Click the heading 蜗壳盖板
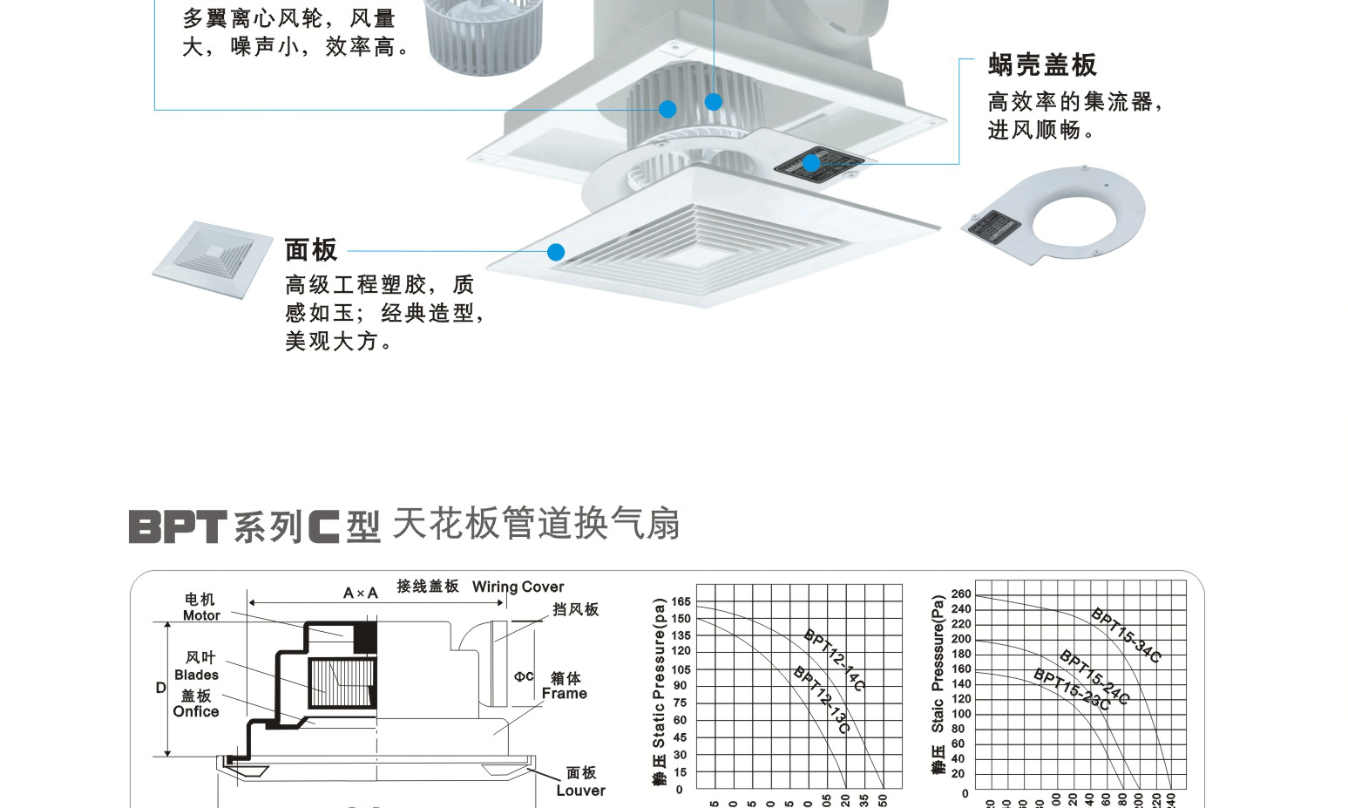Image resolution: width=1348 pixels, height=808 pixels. (x=1041, y=65)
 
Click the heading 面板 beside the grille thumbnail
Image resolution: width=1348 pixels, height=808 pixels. (x=311, y=250)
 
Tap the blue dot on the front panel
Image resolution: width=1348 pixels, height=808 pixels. (x=556, y=252)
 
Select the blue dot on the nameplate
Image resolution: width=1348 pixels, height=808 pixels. (x=811, y=163)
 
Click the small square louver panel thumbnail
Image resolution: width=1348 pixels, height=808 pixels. (x=213, y=259)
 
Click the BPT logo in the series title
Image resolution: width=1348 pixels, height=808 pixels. (x=178, y=526)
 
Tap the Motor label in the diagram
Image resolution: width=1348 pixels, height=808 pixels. (x=201, y=615)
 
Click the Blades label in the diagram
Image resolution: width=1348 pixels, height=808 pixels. (x=196, y=675)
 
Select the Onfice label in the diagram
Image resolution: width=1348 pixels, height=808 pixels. (x=196, y=711)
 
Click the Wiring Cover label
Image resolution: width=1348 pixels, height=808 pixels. (x=518, y=587)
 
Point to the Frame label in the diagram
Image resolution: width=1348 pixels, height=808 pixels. (x=565, y=694)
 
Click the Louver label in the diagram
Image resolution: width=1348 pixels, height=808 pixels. (x=580, y=791)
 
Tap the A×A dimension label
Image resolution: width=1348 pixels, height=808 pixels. (x=361, y=593)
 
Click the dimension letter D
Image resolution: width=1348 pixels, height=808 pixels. (x=160, y=688)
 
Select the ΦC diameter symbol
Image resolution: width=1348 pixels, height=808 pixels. (x=524, y=676)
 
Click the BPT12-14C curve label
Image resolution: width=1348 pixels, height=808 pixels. (x=834, y=660)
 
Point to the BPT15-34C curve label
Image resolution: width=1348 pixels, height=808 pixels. (x=1127, y=635)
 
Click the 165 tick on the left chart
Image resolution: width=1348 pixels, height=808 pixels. (x=681, y=601)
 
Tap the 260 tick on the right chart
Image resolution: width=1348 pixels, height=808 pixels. (x=961, y=594)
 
